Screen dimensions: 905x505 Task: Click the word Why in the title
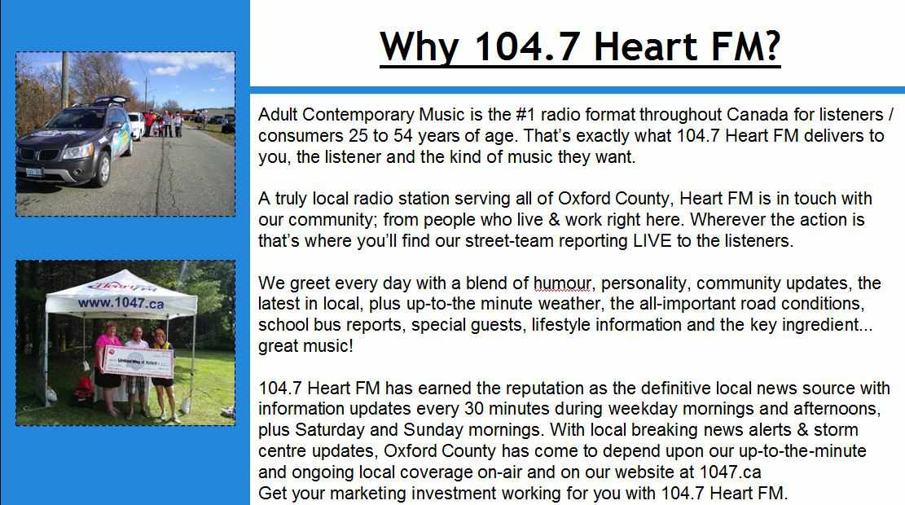pos(420,46)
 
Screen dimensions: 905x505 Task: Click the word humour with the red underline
pos(562,283)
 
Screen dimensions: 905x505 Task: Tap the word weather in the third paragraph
pos(569,304)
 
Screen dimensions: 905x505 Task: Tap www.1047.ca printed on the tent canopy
pos(121,303)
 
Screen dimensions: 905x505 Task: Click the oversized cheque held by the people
pos(138,362)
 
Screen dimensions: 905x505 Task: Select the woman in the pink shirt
pos(108,367)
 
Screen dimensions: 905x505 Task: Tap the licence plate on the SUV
pos(33,172)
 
